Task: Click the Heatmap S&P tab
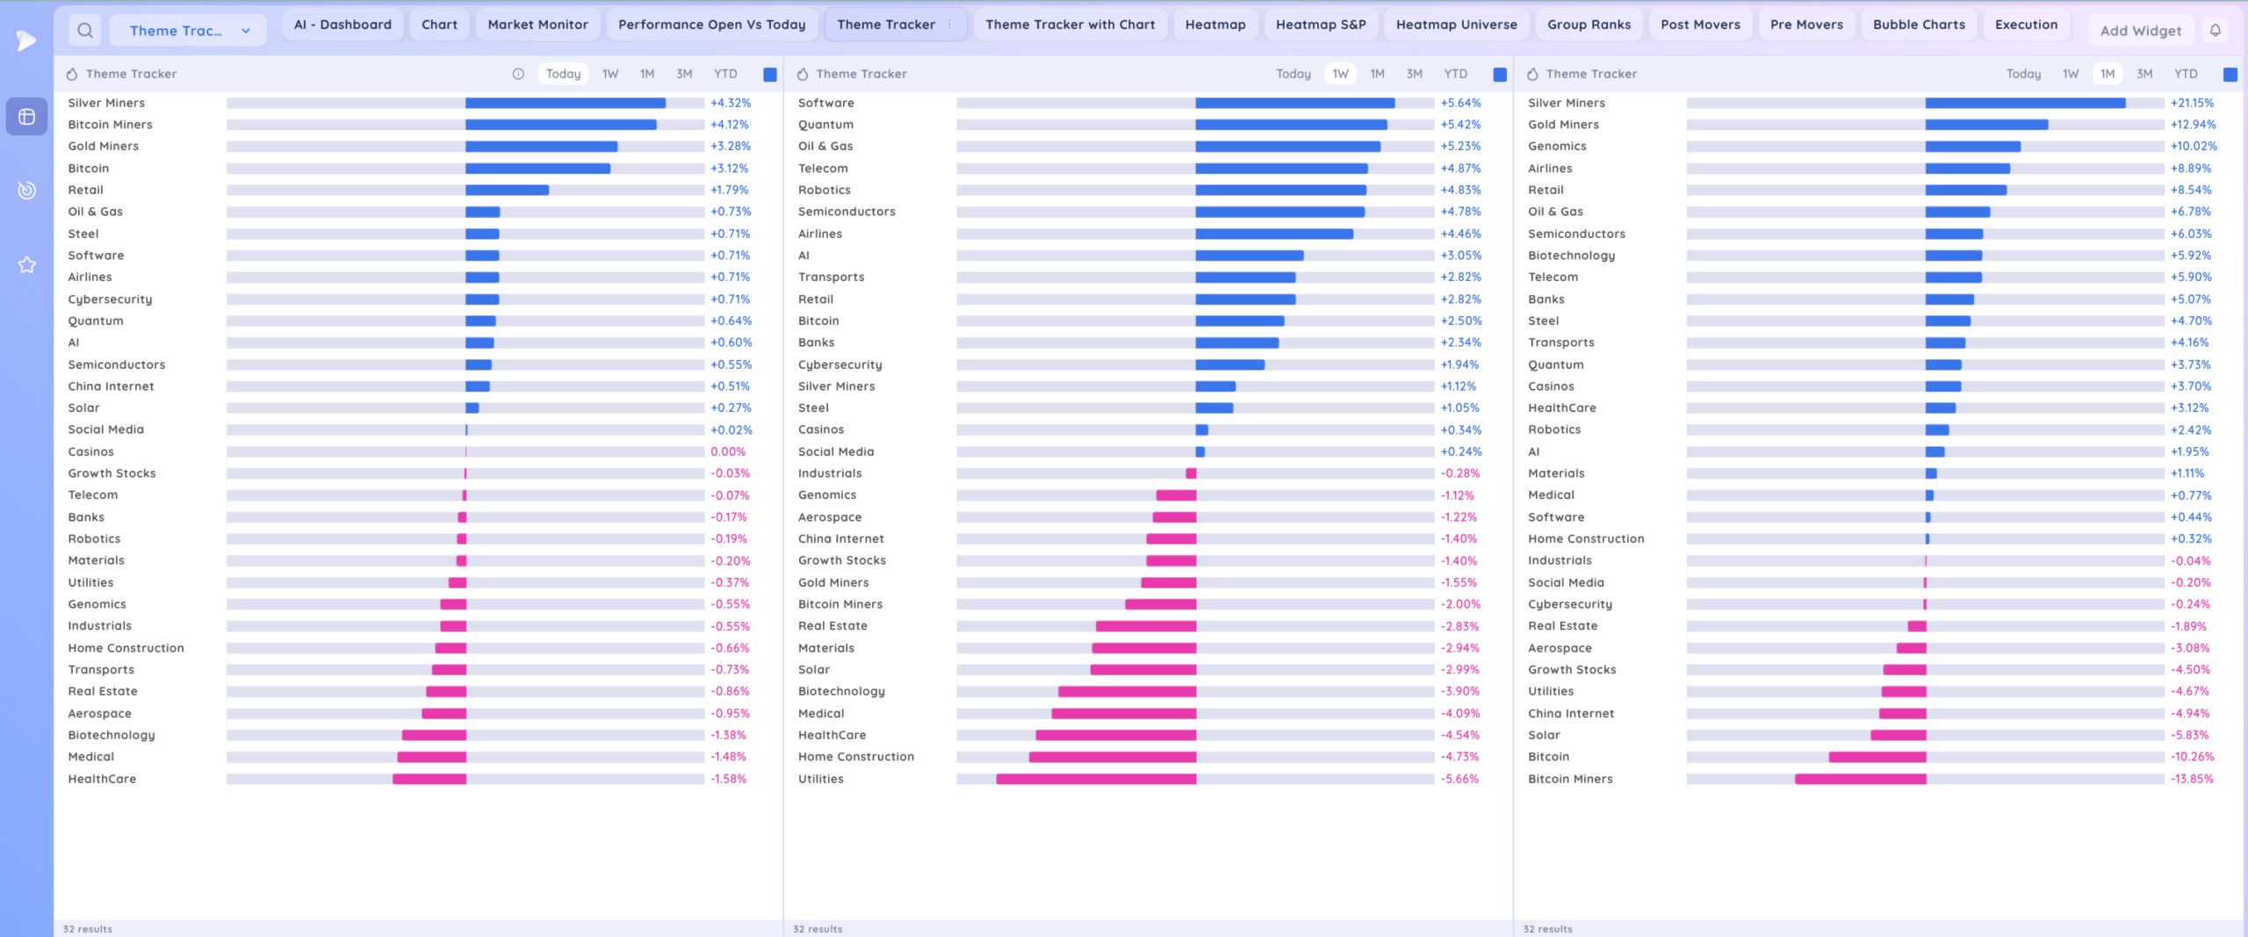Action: [1321, 25]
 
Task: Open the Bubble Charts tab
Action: [1919, 25]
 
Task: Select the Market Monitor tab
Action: [537, 25]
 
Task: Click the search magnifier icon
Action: [85, 31]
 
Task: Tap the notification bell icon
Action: [2216, 31]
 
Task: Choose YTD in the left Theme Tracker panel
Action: [725, 74]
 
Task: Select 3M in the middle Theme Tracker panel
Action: [1414, 74]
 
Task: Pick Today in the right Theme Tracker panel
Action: [2023, 74]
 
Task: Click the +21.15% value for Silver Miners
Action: [2192, 103]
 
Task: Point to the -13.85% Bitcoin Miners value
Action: [2192, 779]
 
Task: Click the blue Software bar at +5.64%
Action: [1294, 103]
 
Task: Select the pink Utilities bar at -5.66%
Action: [1096, 779]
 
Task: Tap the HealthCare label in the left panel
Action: [102, 779]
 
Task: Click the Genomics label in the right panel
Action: [1557, 147]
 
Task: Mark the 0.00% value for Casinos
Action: [728, 451]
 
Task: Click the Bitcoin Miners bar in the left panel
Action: [560, 125]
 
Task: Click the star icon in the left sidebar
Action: [27, 265]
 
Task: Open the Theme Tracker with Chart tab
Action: [1070, 25]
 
